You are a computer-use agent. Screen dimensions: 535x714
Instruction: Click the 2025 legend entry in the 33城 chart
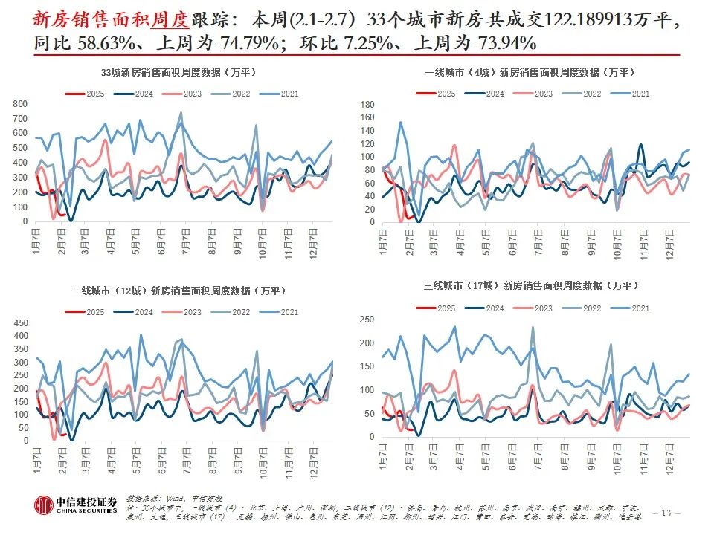tap(85, 94)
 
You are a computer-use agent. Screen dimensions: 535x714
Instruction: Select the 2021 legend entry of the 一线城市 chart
tap(632, 94)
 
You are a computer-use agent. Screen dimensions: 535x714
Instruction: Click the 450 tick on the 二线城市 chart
tap(21, 323)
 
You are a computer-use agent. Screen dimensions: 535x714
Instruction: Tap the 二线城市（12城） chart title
tap(178, 291)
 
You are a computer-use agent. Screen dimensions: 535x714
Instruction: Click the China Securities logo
tap(74, 505)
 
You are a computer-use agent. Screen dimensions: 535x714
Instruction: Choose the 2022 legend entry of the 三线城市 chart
tap(584, 308)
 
